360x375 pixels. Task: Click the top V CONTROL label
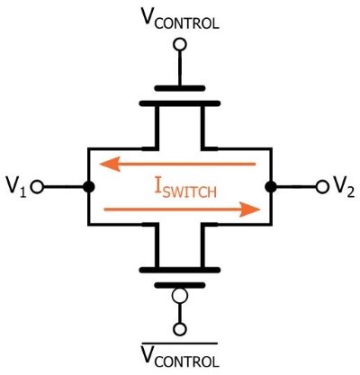coord(180,19)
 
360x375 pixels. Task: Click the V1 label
coord(16,187)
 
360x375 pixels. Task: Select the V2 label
coord(344,187)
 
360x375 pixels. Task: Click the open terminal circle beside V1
coord(38,187)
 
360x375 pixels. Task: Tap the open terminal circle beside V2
coord(322,187)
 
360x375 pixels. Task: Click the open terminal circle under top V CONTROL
coord(180,44)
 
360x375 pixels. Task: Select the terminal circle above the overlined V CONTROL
coord(180,329)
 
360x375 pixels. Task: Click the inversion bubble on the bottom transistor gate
coord(180,296)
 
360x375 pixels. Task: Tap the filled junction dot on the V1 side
coord(88,187)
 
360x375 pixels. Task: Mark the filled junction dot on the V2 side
coord(271,187)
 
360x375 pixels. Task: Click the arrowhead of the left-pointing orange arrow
coord(111,164)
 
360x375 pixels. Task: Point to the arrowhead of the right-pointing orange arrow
coord(249,210)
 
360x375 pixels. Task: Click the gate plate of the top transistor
coord(180,88)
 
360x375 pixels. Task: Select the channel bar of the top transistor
coord(180,103)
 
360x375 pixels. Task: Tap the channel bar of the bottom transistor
coord(180,270)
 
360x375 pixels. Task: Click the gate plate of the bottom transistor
coord(180,285)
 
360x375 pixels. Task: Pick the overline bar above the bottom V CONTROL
coord(180,344)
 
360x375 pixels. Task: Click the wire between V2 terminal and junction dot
coord(296,187)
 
